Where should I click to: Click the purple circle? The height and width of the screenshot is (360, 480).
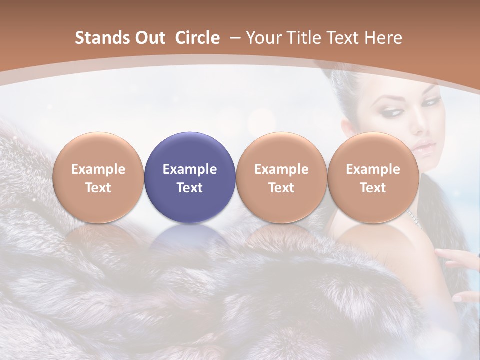(190, 177)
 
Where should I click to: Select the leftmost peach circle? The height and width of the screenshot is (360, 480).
(98, 177)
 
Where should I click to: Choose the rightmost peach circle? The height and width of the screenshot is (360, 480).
(373, 177)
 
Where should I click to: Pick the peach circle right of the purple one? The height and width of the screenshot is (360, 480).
(281, 177)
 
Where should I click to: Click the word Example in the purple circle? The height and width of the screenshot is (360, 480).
(190, 169)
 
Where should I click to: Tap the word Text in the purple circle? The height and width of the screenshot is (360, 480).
(190, 188)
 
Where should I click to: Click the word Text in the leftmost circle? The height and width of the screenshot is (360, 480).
(98, 188)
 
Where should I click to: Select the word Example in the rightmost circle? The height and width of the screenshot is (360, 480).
(373, 169)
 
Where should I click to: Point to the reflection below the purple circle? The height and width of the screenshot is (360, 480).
(190, 237)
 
